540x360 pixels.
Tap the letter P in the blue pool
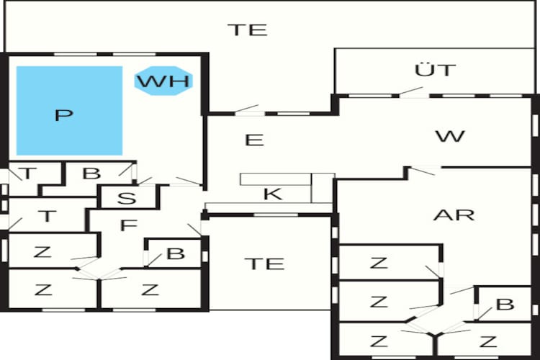(64, 114)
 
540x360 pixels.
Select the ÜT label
(436, 70)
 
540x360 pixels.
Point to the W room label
(451, 135)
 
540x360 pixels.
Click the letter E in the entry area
(253, 139)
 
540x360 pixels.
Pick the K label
(273, 193)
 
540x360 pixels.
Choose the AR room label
(454, 215)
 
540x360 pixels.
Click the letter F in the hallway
(128, 225)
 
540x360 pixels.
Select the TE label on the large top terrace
(247, 30)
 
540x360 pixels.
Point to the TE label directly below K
(264, 264)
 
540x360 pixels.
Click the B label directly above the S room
(91, 174)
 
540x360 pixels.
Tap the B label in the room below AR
(505, 304)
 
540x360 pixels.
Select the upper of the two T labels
(28, 174)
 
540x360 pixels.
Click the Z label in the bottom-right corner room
(489, 341)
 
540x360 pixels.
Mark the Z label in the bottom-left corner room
(44, 290)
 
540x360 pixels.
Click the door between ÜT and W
(412, 91)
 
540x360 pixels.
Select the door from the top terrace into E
(247, 110)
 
